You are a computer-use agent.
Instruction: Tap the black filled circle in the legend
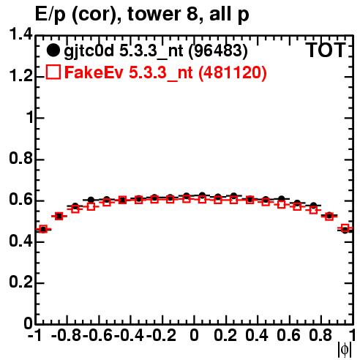[53, 50]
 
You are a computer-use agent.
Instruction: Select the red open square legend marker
[53, 72]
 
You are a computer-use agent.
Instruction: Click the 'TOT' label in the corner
[326, 50]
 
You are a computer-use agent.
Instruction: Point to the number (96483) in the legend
[218, 51]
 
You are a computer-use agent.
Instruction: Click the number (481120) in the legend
[232, 72]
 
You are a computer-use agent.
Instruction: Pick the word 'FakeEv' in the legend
[94, 72]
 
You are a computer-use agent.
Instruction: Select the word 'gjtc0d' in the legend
[89, 51]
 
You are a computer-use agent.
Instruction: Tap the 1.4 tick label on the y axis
[20, 34]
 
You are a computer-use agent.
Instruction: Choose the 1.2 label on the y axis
[20, 75]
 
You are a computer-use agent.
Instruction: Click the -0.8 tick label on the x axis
[67, 335]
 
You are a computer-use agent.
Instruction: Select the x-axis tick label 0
[194, 335]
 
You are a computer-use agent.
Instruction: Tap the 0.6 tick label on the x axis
[288, 335]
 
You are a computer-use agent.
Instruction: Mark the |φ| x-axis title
[345, 350]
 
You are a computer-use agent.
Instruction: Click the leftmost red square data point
[43, 229]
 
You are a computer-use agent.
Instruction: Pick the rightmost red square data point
[345, 228]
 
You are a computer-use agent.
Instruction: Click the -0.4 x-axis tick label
[130, 335]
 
